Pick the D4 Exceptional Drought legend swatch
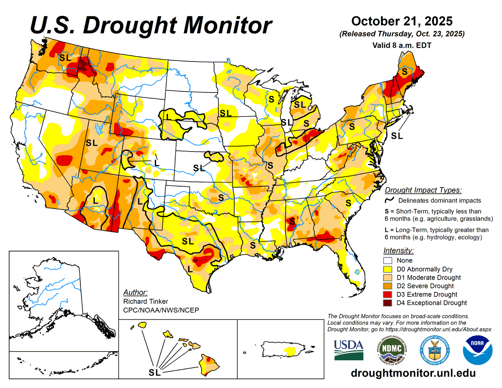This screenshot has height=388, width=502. coord(389,303)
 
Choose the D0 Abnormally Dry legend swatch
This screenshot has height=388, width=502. coord(389,269)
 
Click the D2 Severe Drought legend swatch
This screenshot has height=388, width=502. coord(389,286)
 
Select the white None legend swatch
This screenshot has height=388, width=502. coord(389,260)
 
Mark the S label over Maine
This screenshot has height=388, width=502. coord(404,72)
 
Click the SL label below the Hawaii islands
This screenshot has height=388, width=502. coord(155,371)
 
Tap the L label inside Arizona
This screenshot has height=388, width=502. coord(95,200)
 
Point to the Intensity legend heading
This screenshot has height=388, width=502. coord(398,251)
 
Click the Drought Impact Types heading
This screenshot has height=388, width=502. coord(423,190)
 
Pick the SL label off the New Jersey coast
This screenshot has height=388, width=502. coord(397,136)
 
